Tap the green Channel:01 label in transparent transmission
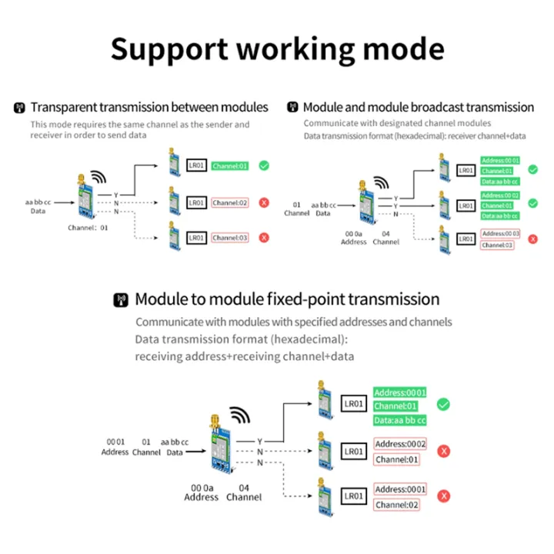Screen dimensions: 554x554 pyautogui.click(x=230, y=165)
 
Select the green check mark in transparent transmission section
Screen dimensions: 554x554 pyautogui.click(x=264, y=165)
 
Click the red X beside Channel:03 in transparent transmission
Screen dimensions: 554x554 pyautogui.click(x=264, y=238)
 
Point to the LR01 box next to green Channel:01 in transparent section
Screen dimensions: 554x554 pyautogui.click(x=196, y=165)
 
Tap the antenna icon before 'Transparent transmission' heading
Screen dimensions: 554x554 pyautogui.click(x=20, y=108)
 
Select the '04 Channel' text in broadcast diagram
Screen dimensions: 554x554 pyautogui.click(x=385, y=237)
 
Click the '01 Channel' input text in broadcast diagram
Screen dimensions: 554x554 pyautogui.click(x=296, y=209)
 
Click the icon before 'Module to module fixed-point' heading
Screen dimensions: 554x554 pyautogui.click(x=121, y=300)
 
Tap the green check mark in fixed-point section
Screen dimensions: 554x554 pyautogui.click(x=443, y=405)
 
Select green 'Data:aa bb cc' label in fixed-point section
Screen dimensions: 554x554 pyautogui.click(x=400, y=420)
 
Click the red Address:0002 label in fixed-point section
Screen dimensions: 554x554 pyautogui.click(x=400, y=444)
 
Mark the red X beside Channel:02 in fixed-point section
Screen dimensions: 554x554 pyautogui.click(x=444, y=497)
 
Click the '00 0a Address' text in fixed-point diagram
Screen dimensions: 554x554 pyautogui.click(x=202, y=492)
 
